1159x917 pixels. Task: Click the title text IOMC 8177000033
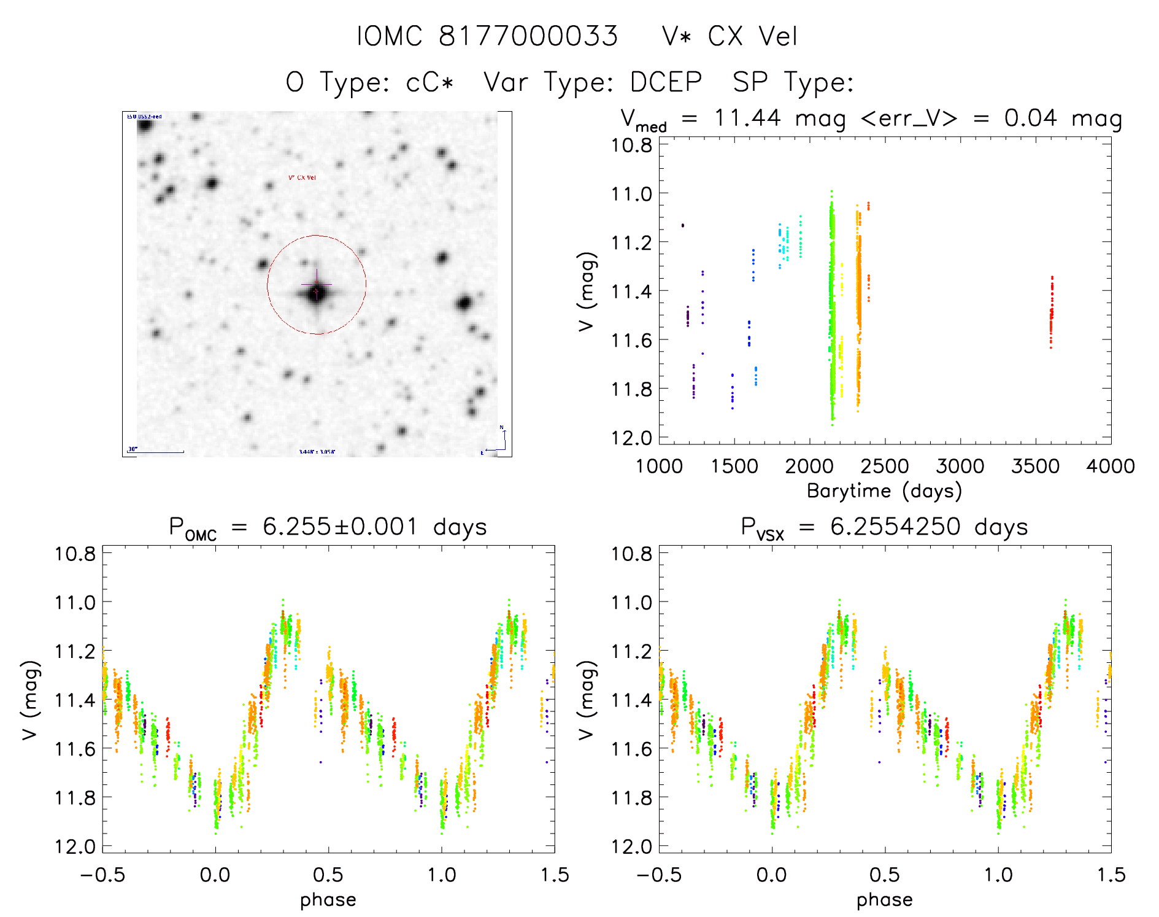click(x=487, y=36)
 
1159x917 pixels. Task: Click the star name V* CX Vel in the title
click(x=730, y=36)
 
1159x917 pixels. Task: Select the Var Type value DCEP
click(x=666, y=82)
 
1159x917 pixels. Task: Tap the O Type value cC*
click(x=429, y=82)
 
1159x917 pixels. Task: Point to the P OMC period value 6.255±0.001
click(x=340, y=527)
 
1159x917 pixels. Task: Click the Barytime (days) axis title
click(x=884, y=491)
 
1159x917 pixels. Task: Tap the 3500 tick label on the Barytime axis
click(x=1035, y=466)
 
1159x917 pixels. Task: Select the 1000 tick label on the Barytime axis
click(x=659, y=466)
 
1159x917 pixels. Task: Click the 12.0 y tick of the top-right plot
click(x=631, y=438)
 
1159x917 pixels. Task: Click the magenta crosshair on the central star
click(x=317, y=285)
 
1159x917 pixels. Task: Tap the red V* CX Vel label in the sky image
click(x=302, y=178)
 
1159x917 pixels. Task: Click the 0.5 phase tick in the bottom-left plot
click(x=328, y=875)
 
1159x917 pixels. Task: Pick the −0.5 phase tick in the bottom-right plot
click(x=659, y=875)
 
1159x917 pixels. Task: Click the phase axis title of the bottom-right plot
click(x=884, y=900)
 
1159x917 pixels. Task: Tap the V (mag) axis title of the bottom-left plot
click(x=31, y=700)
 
